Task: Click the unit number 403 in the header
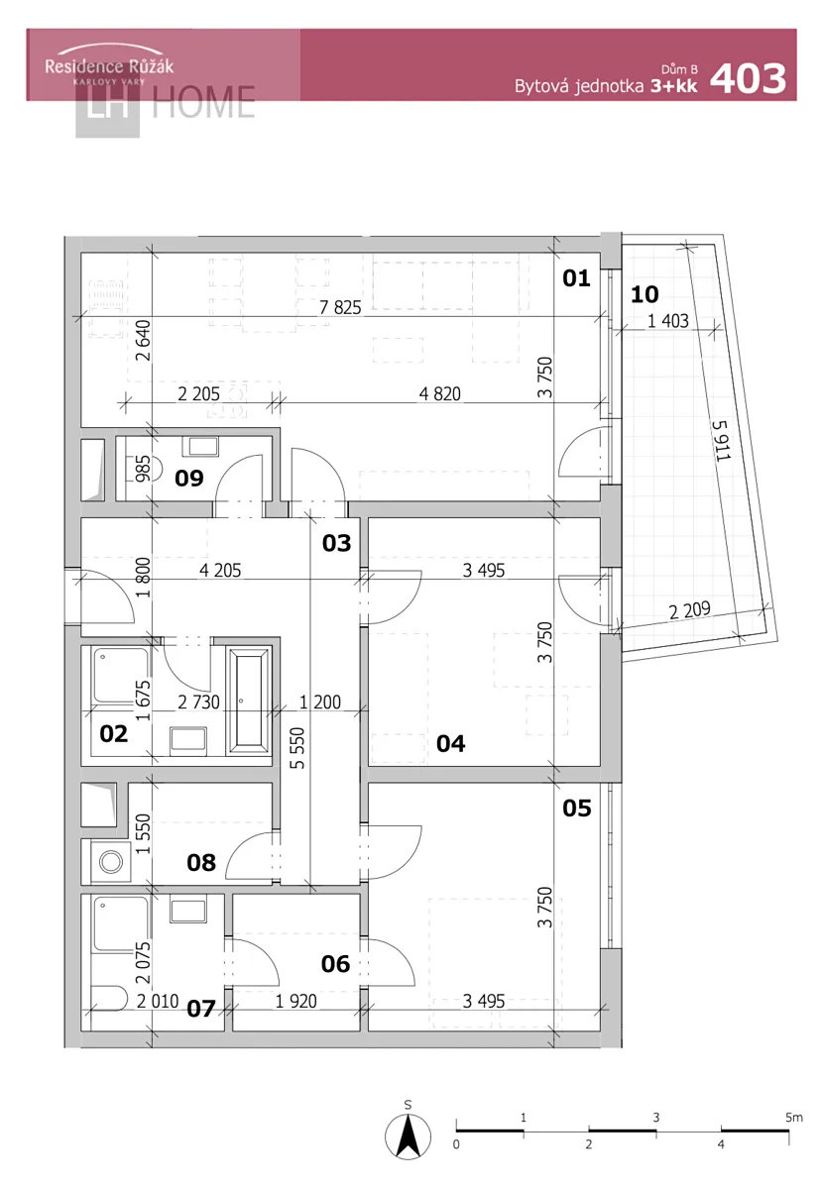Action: click(748, 78)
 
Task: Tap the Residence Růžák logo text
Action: click(109, 66)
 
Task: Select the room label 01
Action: click(576, 278)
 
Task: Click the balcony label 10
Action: click(645, 294)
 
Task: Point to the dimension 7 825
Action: click(340, 307)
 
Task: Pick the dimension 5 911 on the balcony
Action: click(721, 440)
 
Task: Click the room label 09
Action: click(189, 479)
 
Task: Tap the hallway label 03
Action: click(337, 543)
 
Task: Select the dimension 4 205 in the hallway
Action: click(220, 570)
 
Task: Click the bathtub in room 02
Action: click(248, 701)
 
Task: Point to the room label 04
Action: click(450, 744)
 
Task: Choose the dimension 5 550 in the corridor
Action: click(297, 748)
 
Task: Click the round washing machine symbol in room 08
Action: click(111, 861)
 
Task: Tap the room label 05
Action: click(577, 809)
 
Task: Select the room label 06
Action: click(335, 963)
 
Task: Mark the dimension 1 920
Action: click(295, 1001)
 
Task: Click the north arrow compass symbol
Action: click(408, 1136)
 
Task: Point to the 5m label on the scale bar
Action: click(794, 1118)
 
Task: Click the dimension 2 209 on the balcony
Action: click(689, 610)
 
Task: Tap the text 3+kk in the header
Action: click(673, 86)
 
